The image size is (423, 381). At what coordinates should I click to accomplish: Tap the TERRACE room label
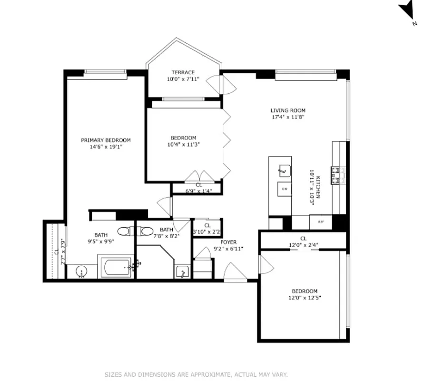pos(183,72)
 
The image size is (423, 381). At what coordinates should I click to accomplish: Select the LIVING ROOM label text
pos(288,110)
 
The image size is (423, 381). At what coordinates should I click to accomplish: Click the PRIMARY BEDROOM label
pos(106,140)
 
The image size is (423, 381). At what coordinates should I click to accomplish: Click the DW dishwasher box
pos(285,189)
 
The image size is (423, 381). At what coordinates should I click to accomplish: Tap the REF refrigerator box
pos(321,221)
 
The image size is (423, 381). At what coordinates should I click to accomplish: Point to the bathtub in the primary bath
pos(116,268)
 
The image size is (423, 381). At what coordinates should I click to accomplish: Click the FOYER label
pos(228,242)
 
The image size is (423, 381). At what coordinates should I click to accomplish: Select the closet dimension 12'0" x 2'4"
pos(303,246)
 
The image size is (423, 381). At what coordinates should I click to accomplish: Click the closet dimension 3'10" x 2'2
pos(206,232)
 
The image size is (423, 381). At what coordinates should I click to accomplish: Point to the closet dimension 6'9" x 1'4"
pos(198,191)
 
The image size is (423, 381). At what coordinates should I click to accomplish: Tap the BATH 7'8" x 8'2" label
pos(167,232)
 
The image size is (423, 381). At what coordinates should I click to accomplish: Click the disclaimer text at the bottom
pos(196,374)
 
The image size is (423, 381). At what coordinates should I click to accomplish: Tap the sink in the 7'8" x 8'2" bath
pos(182,272)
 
